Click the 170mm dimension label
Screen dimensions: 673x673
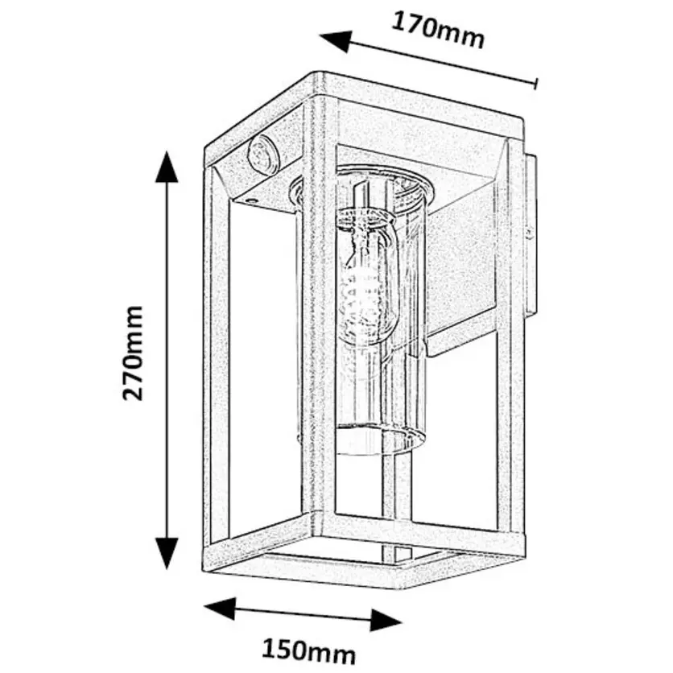438,30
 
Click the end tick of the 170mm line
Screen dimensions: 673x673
536,83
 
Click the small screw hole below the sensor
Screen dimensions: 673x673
251,196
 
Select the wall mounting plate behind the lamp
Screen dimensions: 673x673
529,233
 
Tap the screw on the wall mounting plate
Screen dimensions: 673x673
529,233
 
